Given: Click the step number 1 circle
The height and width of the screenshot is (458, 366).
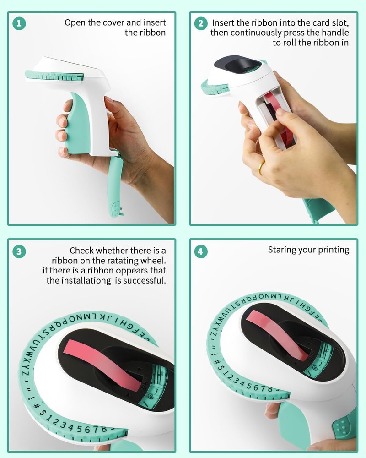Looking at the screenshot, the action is pyautogui.click(x=19, y=23).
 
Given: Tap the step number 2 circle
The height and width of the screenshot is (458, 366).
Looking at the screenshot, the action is pyautogui.click(x=201, y=23).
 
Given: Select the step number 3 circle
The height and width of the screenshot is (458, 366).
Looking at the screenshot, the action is pyautogui.click(x=19, y=251).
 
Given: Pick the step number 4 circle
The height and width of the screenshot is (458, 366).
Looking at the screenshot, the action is pyautogui.click(x=201, y=251).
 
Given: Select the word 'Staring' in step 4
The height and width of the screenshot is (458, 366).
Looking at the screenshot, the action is pyautogui.click(x=280, y=250).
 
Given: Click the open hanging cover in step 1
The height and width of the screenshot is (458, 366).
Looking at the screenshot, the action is pyautogui.click(x=116, y=185).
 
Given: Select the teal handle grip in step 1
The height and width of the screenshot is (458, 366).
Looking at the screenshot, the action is pyautogui.click(x=77, y=123).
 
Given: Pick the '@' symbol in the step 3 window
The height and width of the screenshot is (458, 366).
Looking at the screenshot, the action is pyautogui.click(x=151, y=397).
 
